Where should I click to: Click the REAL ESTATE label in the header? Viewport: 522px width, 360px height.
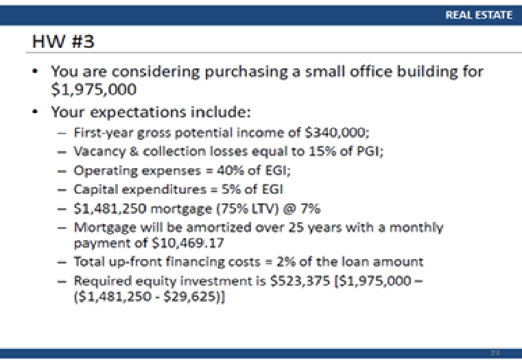479,15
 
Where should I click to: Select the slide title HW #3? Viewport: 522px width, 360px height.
63,43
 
